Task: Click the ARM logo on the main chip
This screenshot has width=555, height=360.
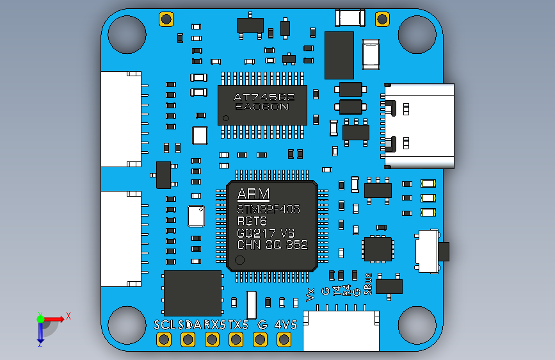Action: point(253,194)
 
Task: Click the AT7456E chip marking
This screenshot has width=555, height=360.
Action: point(263,97)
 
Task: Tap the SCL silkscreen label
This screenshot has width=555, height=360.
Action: point(165,325)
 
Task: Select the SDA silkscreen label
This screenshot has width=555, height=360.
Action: point(189,325)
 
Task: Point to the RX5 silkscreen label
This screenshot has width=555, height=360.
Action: point(214,325)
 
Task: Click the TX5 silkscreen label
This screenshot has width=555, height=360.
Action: point(237,325)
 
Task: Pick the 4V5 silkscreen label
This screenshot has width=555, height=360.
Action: point(286,325)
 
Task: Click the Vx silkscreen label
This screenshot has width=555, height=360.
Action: point(311,294)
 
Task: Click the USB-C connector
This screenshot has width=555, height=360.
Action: point(419,126)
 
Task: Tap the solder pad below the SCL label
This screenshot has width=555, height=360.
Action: point(165,340)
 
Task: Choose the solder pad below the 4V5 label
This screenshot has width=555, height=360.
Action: point(284,340)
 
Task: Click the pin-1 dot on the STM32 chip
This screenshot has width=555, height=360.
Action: point(240,260)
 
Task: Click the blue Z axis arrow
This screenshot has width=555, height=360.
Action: point(40,331)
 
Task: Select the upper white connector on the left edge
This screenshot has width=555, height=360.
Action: point(120,119)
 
